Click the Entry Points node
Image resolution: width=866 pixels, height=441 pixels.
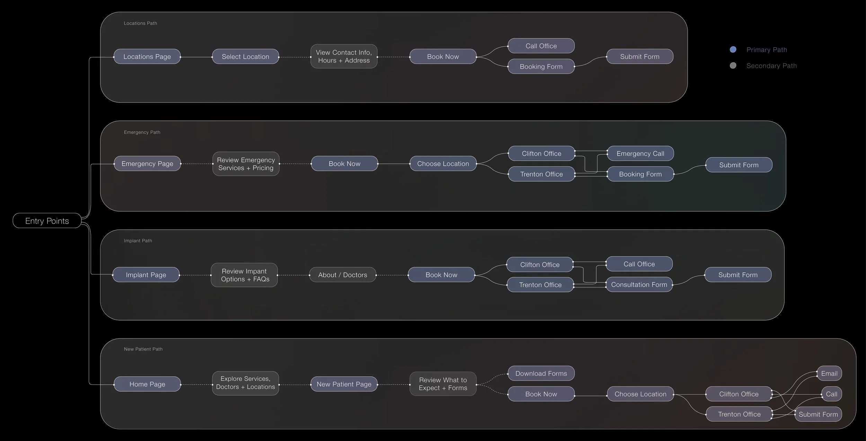click(47, 221)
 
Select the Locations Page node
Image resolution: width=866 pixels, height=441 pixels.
click(147, 56)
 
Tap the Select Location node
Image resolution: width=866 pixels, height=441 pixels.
click(245, 56)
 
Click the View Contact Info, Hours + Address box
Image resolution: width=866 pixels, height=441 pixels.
click(344, 56)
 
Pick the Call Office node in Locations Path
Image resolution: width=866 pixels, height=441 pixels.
click(541, 46)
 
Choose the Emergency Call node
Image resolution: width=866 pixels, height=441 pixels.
click(640, 153)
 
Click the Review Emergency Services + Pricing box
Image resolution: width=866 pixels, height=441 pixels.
click(246, 164)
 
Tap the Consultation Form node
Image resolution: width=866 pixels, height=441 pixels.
click(639, 285)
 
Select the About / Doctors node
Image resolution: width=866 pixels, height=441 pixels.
click(342, 275)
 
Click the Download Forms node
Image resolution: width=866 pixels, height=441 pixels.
click(541, 373)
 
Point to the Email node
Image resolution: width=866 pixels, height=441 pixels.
click(829, 373)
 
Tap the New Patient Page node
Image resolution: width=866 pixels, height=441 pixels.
click(344, 384)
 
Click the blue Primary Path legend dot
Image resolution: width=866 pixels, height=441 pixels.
click(733, 49)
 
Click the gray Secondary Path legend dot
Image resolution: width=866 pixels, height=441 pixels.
click(733, 65)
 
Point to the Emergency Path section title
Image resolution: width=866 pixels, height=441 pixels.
click(142, 132)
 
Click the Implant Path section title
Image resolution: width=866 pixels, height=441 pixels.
click(138, 241)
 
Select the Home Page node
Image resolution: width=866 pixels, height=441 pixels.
click(147, 384)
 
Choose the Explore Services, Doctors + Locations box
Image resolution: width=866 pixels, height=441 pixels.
click(245, 383)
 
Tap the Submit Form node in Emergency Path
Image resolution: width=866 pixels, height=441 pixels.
click(739, 165)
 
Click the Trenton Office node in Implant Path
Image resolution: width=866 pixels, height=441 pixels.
click(540, 285)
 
